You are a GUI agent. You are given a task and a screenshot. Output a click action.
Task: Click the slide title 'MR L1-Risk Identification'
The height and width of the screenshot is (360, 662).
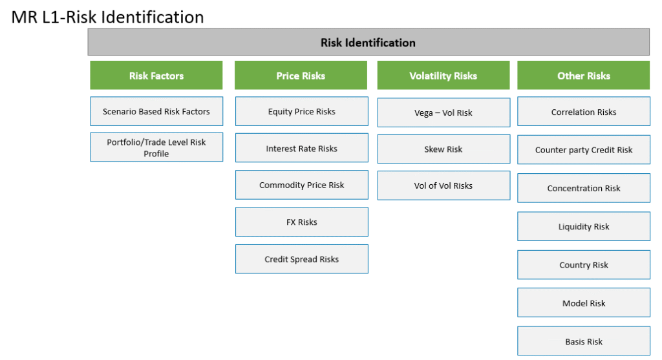point(107,17)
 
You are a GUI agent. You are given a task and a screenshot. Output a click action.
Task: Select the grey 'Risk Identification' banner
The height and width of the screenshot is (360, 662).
point(368,42)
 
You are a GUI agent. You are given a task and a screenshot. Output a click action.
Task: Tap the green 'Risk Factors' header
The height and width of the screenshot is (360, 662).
point(156,75)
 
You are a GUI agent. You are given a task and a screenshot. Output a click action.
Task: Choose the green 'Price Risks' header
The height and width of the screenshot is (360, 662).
point(301,75)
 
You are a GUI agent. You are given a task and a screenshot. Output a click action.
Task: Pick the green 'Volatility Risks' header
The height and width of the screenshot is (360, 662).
point(443,75)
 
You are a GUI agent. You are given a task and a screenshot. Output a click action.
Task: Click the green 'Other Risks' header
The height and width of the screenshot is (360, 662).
point(584,75)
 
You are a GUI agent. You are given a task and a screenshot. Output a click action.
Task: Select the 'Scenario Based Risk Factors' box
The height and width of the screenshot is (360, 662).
point(156,111)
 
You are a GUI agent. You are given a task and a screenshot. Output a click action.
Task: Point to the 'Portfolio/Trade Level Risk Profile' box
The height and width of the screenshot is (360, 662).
point(156,147)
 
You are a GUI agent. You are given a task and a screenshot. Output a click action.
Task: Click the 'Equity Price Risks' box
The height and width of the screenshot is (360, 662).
point(301,111)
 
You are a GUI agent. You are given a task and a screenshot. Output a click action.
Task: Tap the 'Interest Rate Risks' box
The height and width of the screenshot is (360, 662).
point(301,148)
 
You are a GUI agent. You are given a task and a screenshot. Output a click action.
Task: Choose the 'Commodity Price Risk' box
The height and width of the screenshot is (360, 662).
point(301,185)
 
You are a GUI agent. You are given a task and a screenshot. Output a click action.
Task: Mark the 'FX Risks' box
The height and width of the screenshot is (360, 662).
point(301,222)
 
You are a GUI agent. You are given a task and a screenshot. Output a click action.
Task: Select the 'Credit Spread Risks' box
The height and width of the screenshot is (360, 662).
point(301,259)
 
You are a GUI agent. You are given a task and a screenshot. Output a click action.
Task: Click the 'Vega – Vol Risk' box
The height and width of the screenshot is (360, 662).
point(443,112)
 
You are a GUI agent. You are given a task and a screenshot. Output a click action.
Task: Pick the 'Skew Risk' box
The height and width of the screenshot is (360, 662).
point(443,149)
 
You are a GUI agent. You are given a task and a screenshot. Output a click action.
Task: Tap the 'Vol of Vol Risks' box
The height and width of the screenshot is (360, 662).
point(443,185)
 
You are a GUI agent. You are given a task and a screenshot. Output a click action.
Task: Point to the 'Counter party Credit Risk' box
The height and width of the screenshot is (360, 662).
point(584,150)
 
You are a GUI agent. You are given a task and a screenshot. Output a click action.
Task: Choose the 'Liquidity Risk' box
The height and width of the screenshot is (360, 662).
point(584,227)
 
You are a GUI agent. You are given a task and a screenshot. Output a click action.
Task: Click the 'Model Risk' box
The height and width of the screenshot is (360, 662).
point(584,302)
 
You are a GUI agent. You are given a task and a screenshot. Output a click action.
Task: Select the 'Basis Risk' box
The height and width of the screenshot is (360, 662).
point(584,341)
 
